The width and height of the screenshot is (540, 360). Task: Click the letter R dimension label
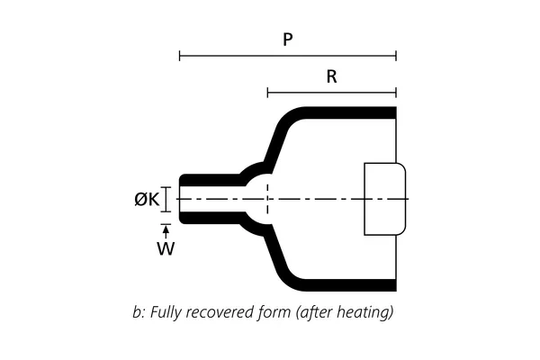(x=332, y=76)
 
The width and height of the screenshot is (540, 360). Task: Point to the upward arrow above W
(x=166, y=232)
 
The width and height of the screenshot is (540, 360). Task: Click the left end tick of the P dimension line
(x=180, y=56)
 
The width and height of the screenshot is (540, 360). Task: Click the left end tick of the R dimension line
(x=267, y=92)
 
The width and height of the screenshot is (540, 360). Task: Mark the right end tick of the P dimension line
(x=396, y=56)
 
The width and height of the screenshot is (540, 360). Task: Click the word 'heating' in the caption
(x=367, y=314)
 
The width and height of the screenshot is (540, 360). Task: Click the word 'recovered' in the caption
(x=220, y=314)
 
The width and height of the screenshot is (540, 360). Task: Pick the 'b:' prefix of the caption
(x=138, y=314)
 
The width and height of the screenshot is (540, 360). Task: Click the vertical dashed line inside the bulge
(x=267, y=199)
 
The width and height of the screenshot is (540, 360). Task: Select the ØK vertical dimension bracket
(x=166, y=199)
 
